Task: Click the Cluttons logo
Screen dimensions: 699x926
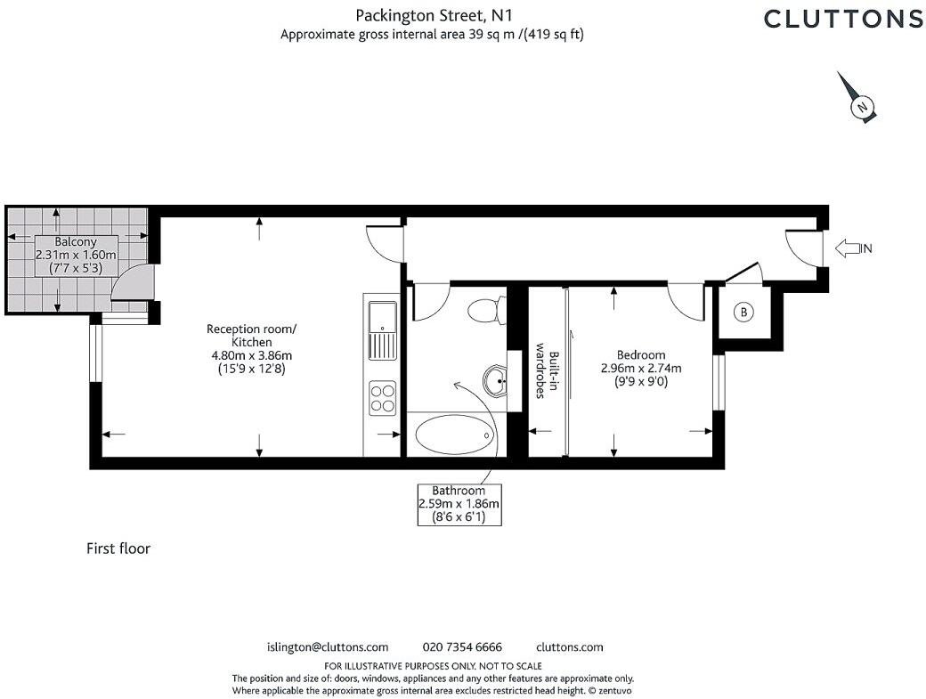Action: coord(843,19)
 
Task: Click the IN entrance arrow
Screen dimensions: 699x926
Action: coord(853,248)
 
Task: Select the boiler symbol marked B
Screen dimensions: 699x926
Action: coord(742,313)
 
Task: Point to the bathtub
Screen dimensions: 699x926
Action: coord(454,435)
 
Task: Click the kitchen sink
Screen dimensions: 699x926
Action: coord(384,329)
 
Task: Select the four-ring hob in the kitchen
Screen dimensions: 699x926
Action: coord(383,396)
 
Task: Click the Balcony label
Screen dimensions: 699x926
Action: coord(76,242)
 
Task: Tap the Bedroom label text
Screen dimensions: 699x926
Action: coord(639,355)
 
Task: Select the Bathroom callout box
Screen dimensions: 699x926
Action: coord(459,504)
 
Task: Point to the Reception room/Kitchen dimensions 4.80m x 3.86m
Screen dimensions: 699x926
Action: coord(251,355)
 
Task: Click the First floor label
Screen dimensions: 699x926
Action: coord(118,549)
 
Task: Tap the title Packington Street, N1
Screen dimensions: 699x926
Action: coord(434,15)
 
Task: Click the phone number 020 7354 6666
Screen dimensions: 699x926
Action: coord(461,647)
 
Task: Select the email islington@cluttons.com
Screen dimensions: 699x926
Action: coord(328,647)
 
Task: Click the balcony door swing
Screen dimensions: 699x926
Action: coord(132,286)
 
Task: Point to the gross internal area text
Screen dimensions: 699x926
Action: coord(433,35)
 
